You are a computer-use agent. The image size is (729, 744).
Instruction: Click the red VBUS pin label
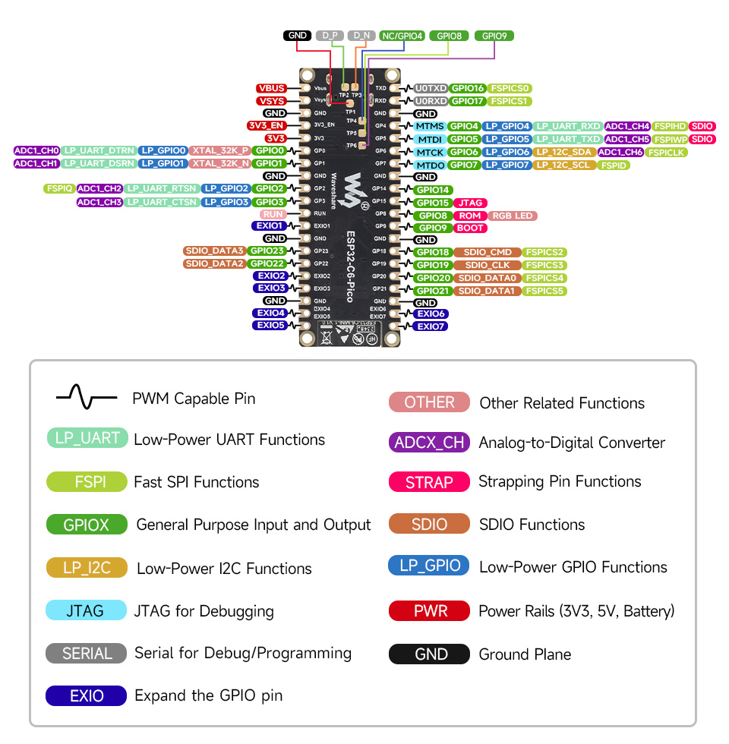271,88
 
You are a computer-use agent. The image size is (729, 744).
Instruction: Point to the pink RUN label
273,215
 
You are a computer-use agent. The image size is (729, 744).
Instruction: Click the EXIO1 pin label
270,225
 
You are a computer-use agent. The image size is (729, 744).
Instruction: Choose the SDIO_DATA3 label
213,251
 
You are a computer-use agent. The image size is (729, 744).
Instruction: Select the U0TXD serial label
430,88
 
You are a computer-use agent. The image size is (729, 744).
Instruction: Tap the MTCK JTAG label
430,153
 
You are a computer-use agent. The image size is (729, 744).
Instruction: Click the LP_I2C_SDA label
563,153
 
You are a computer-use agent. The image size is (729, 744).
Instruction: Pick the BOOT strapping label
470,228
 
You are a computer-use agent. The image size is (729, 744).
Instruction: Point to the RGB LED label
513,216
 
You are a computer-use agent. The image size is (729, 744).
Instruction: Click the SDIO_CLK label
487,265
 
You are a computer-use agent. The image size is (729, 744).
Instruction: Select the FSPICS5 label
545,291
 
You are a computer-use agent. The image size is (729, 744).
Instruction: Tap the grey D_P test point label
330,36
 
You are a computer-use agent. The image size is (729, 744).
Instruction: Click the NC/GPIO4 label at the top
402,36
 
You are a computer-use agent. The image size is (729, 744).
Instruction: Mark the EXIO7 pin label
430,326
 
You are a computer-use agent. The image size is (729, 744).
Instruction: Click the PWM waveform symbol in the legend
86,397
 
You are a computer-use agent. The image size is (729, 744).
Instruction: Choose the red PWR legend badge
430,611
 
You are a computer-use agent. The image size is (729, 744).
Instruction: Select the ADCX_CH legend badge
429,443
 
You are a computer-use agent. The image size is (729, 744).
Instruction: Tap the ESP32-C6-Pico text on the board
352,254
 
